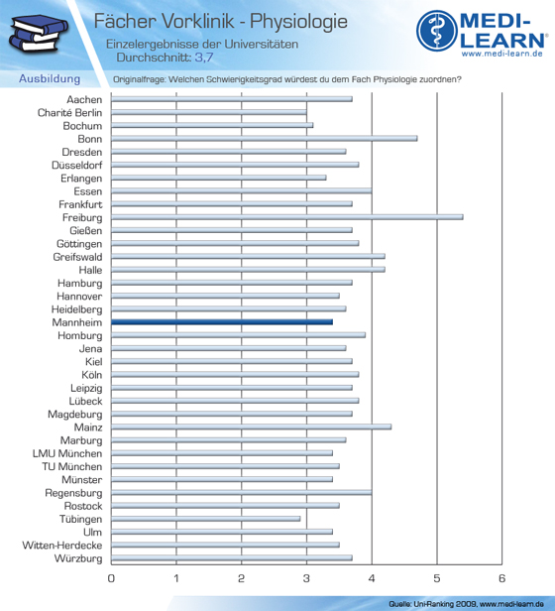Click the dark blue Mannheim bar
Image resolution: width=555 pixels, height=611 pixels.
point(222,321)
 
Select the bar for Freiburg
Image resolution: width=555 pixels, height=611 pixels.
point(287,217)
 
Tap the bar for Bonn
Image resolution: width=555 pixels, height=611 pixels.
point(264,138)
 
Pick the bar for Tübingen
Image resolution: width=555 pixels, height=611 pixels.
point(205,519)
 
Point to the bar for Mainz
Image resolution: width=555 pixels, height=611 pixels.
point(251,427)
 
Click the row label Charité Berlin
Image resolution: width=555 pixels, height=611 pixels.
point(69,113)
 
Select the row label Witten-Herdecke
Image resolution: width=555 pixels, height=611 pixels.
point(62,546)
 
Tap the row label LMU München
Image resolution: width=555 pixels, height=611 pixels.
point(67,453)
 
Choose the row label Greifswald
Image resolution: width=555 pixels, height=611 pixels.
point(78,257)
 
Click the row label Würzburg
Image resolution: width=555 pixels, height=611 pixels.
point(78,558)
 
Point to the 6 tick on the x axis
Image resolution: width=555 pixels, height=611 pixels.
point(502,578)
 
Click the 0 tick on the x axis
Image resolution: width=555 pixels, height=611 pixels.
point(111,578)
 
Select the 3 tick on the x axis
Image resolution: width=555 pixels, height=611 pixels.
point(306,578)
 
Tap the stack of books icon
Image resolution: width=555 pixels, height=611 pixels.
point(38,33)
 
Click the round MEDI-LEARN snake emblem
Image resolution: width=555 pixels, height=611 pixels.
point(437,31)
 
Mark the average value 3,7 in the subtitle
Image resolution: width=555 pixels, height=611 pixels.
point(204,58)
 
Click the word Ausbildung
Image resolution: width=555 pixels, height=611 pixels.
point(50,78)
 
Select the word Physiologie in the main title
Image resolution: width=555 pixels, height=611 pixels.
point(298,22)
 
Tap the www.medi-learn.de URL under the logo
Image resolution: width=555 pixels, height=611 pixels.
point(502,54)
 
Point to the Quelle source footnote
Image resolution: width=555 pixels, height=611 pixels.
point(466,604)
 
